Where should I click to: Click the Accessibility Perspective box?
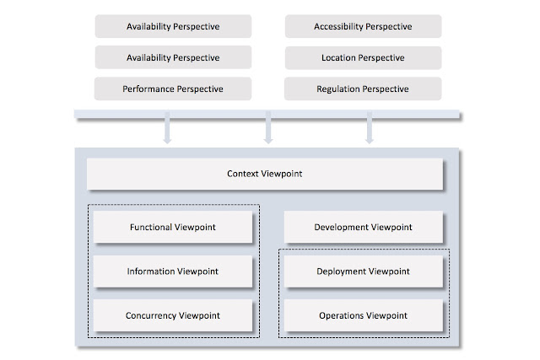363,26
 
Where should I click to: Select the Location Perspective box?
363,57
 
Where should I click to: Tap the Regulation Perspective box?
363,89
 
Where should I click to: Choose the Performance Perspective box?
173,89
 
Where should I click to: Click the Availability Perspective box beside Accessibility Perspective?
173,26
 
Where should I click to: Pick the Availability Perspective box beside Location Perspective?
173,57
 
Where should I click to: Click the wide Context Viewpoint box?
265,175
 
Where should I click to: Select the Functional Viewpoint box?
174,228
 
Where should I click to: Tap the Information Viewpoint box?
174,271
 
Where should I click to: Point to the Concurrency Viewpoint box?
174,315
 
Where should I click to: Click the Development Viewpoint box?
363,228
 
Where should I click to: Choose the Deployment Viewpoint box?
363,271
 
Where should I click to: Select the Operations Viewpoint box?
363,315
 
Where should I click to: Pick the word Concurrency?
153,315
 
